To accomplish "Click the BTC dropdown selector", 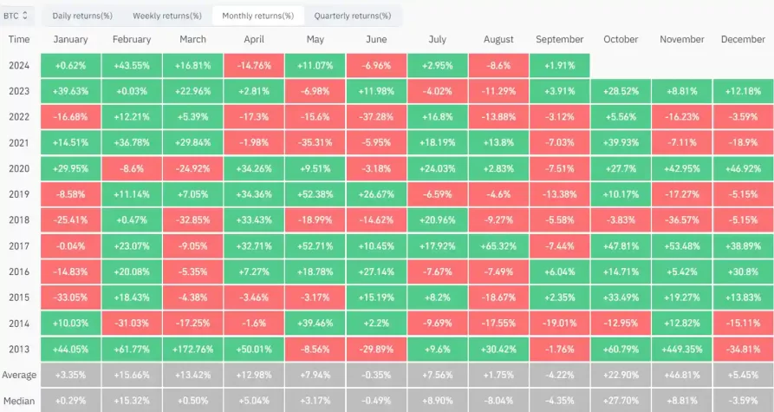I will coord(18,15).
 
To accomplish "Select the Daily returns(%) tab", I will coord(81,16).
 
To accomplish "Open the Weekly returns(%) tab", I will coord(167,16).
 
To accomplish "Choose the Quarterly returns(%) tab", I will coord(352,16).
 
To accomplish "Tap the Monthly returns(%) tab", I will coord(257,16).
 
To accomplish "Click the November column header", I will coord(681,40).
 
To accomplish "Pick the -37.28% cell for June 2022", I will coord(376,115).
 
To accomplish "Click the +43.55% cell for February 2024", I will coord(132,65).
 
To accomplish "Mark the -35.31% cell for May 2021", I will coord(315,141).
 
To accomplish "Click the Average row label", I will coord(19,374).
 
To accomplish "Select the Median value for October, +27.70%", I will coord(620,400).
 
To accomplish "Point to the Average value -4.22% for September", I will coord(559,374).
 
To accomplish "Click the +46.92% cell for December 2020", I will coord(743,167).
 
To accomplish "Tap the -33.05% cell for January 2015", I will coord(70,298).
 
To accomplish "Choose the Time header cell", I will coord(19,40).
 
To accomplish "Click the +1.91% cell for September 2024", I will coord(559,65).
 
